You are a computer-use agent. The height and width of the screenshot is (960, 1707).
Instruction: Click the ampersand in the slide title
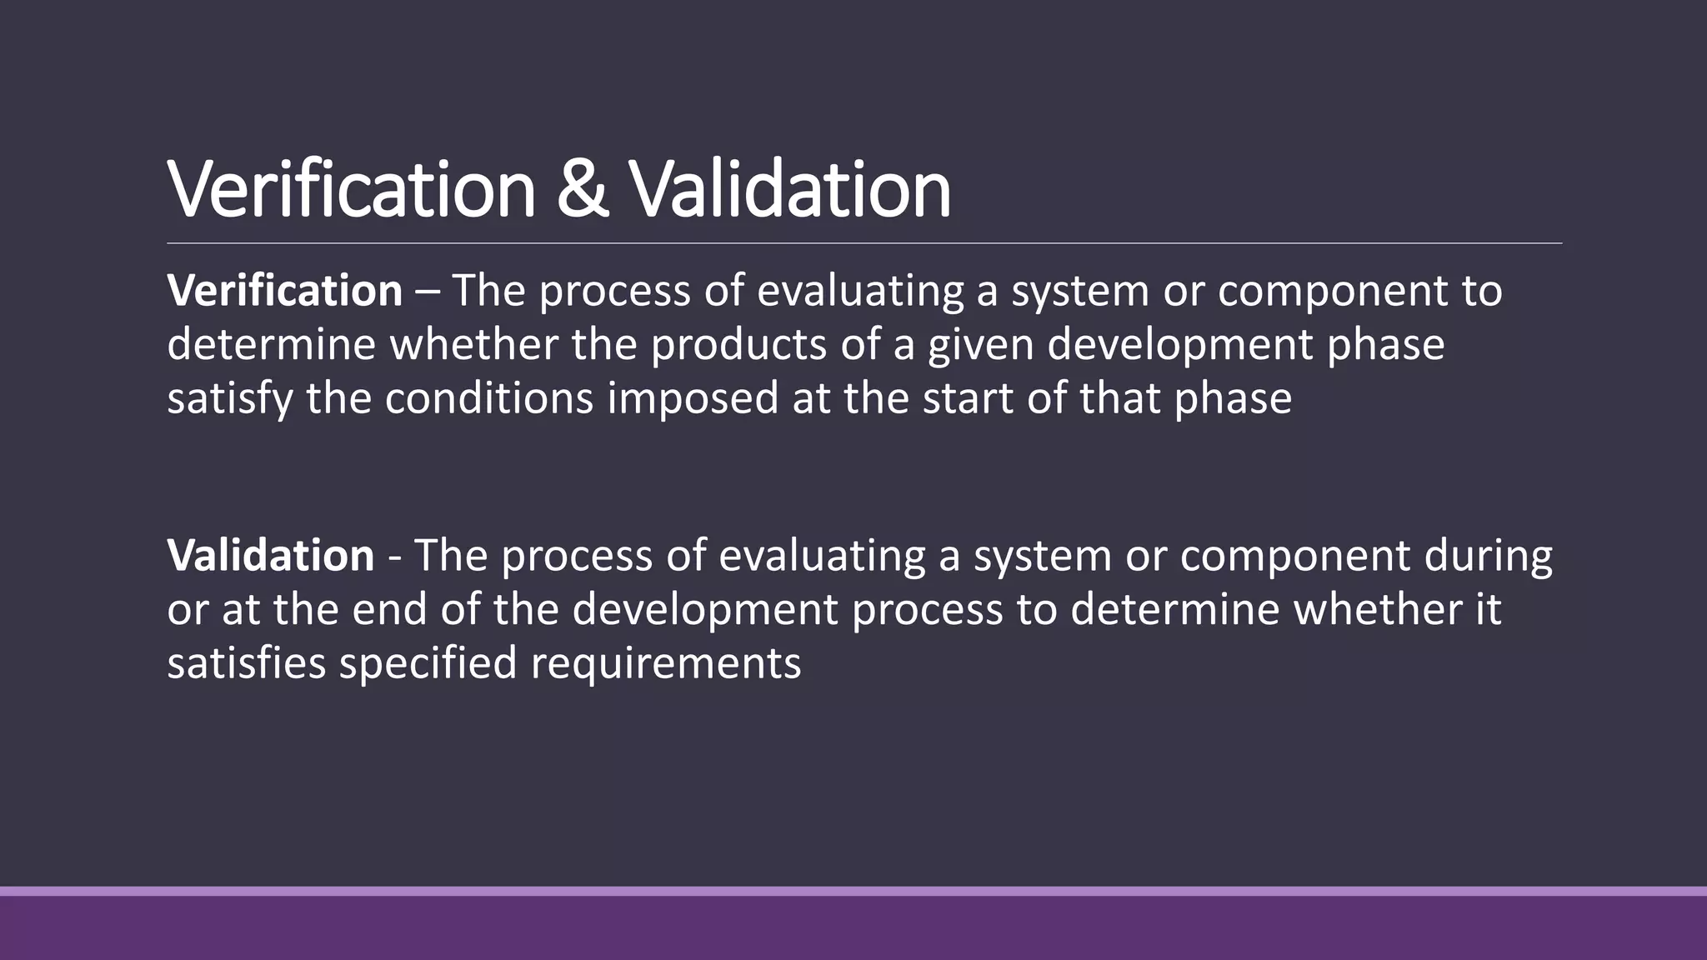(582, 190)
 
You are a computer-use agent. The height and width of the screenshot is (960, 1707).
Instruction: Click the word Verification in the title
(351, 190)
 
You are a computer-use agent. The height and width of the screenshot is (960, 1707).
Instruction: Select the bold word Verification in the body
(284, 291)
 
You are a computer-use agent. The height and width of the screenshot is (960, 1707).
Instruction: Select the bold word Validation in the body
(271, 556)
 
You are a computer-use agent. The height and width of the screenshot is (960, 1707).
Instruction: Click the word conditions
(488, 398)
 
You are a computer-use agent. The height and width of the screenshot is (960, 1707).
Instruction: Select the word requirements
(665, 664)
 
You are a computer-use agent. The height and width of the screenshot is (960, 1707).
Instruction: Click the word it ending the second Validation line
(1489, 609)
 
